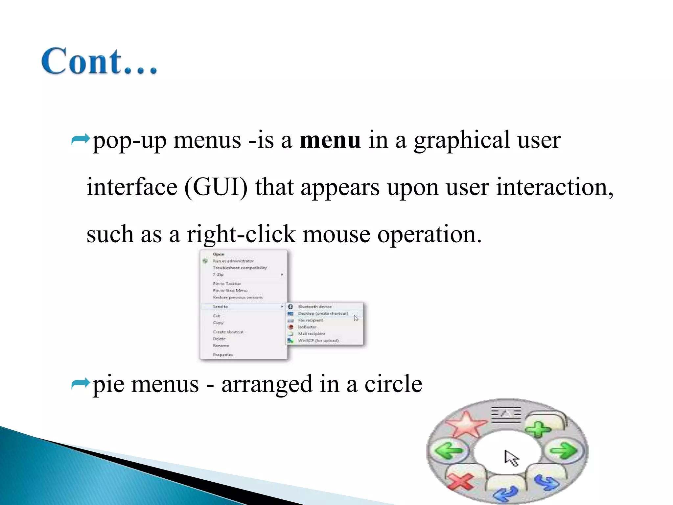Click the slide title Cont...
tap(99, 61)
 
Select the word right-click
tap(241, 234)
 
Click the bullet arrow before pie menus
tap(81, 384)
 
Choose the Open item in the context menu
tap(219, 254)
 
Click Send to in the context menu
tap(220, 306)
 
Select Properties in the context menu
tap(223, 355)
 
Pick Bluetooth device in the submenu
tap(314, 306)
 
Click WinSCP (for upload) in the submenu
tap(318, 341)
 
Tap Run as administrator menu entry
tap(233, 261)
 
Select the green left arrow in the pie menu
tap(449, 450)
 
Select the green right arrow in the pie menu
tap(564, 450)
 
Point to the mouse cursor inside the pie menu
tap(511, 458)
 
